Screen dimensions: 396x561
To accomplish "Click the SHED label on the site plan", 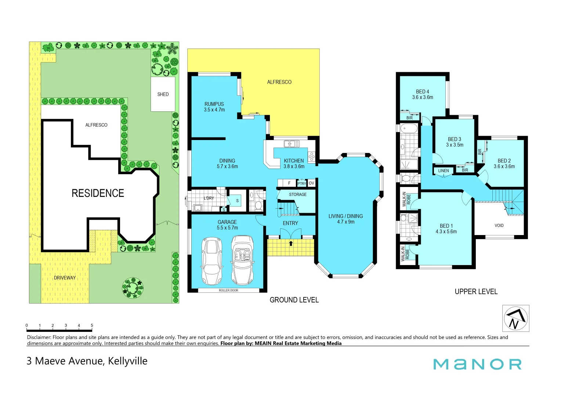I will click(163, 94).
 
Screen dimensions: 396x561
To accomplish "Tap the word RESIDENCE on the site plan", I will click(98, 193).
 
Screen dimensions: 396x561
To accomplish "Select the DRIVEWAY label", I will click(65, 278).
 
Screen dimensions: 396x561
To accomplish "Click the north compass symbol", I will click(515, 318).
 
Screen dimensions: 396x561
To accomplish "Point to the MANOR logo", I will click(477, 364).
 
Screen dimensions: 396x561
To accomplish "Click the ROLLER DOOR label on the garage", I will click(228, 290).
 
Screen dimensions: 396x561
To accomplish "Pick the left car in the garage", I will click(212, 261).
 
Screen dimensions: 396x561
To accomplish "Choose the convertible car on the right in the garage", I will click(242, 260).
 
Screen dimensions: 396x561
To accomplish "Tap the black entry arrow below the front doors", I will click(291, 243).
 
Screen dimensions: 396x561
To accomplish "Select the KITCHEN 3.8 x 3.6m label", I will click(294, 164).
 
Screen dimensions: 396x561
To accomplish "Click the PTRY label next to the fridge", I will click(301, 183).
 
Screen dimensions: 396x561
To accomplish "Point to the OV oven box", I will click(311, 183).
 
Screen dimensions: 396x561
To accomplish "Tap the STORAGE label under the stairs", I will click(297, 194).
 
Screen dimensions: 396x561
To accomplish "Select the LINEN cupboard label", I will click(443, 171).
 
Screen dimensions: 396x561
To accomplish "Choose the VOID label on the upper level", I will click(499, 225).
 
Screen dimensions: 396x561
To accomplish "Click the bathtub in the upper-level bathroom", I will click(409, 129).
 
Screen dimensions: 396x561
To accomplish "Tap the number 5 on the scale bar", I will click(92, 325).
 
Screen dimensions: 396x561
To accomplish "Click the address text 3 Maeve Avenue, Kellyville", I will click(87, 361).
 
